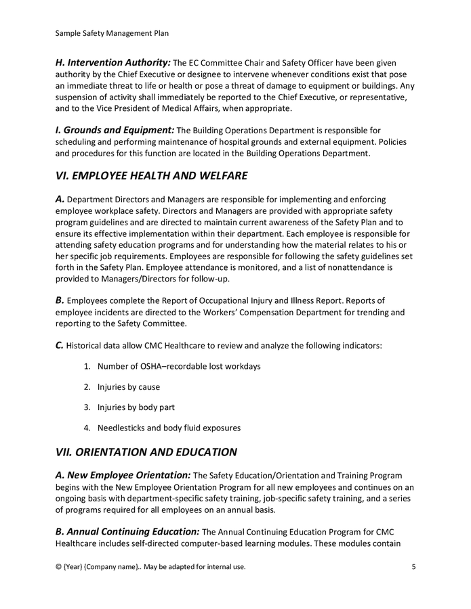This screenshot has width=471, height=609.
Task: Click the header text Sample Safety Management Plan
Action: (x=112, y=32)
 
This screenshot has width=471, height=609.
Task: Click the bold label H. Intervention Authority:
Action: (x=113, y=62)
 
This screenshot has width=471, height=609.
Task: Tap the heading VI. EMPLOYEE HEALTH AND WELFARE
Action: (x=151, y=176)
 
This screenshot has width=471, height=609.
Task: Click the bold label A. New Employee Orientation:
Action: (x=123, y=475)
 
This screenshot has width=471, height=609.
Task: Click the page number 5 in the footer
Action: (x=413, y=566)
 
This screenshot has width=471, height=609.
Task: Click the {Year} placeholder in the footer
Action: (x=73, y=566)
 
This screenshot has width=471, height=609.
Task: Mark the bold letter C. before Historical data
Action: (x=60, y=345)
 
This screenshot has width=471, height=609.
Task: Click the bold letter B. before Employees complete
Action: (x=60, y=300)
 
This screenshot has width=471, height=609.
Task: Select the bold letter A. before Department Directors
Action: (x=60, y=199)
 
